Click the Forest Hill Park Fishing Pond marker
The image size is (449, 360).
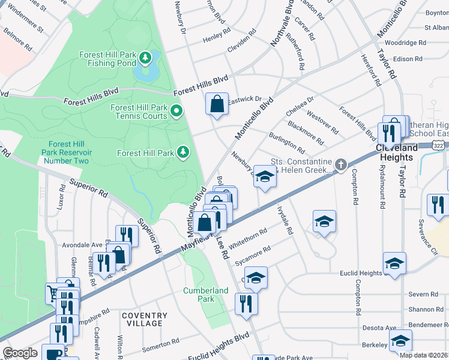click(145, 58)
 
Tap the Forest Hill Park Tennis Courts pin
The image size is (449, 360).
click(176, 111)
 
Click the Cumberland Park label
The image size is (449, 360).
click(205, 295)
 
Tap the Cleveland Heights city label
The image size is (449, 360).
click(396, 152)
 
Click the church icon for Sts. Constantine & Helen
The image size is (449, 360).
click(340, 164)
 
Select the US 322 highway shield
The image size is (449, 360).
click(438, 146)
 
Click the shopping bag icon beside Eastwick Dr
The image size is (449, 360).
click(217, 103)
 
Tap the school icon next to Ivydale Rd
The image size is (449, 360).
click(324, 222)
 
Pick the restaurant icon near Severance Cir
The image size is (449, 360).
click(438, 204)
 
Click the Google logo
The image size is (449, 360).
click(20, 353)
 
